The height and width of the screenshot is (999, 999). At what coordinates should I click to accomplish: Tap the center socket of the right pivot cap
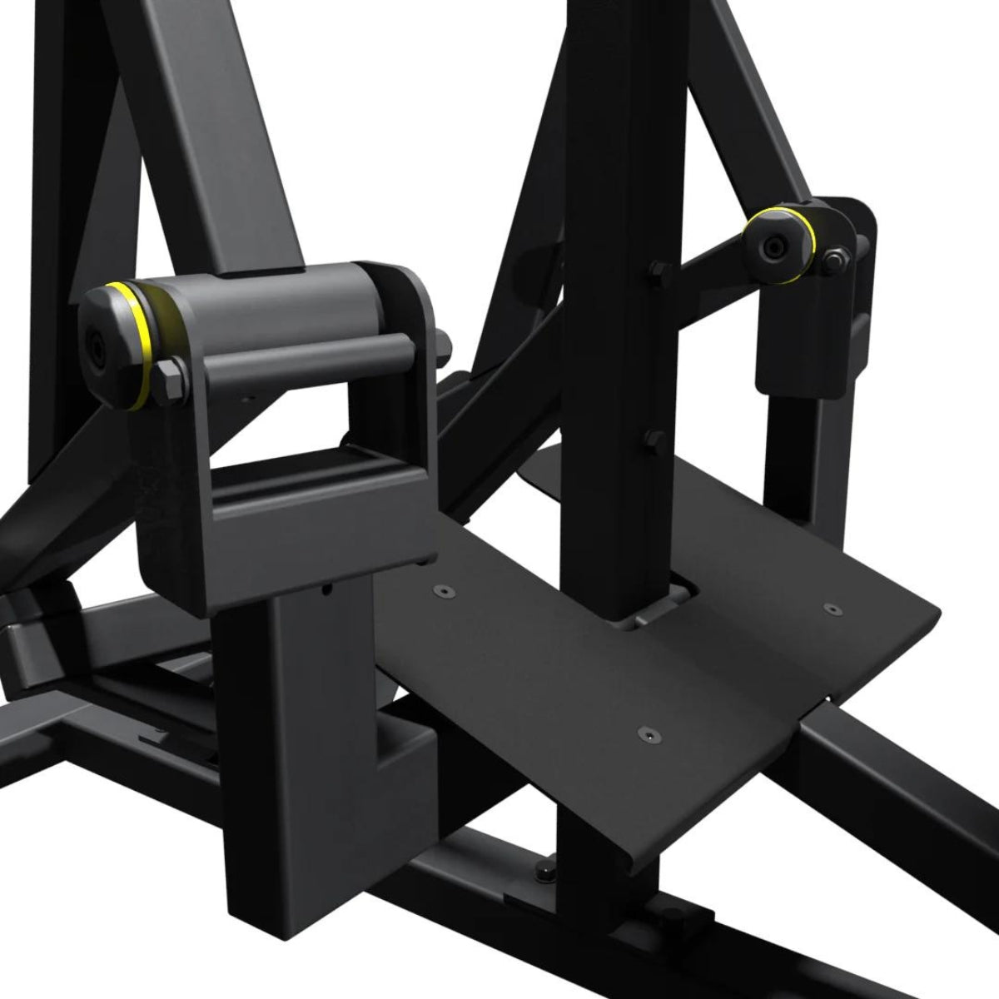775,247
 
